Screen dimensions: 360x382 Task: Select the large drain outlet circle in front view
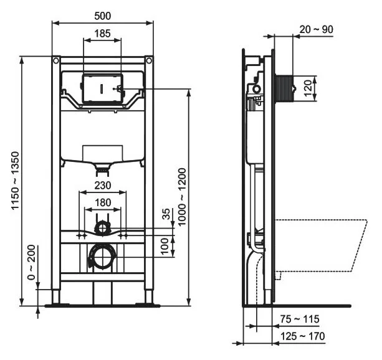click(x=102, y=257)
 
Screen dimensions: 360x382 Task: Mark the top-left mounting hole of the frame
click(x=56, y=62)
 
